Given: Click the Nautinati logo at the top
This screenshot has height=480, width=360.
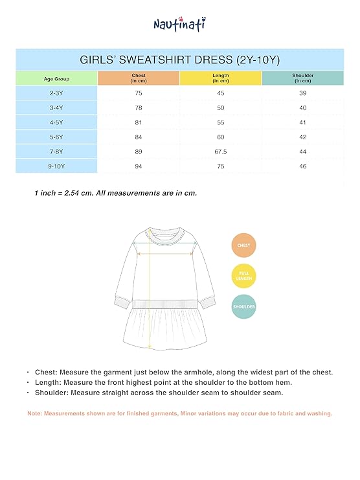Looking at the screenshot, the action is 179,24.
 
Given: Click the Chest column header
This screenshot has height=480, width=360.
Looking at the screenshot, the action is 138,78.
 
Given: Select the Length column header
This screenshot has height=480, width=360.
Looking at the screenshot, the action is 220,78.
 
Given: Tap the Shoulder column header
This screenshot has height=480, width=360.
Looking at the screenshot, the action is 302,78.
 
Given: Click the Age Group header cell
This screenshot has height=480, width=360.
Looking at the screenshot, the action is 56,78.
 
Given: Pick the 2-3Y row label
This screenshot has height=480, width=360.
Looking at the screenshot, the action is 56,93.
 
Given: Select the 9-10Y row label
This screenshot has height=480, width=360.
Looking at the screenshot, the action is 56,166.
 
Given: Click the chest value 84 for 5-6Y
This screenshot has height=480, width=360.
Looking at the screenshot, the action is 138,137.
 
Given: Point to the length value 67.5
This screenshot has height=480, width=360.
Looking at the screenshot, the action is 220,152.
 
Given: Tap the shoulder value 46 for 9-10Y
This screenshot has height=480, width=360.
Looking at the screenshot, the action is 302,166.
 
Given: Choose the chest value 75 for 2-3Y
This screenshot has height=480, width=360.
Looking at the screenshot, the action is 138,93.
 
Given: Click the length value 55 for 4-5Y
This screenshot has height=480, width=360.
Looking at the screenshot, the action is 220,122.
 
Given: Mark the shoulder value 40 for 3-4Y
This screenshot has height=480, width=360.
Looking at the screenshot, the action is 302,108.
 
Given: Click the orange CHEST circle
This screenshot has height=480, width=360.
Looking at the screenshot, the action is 244,246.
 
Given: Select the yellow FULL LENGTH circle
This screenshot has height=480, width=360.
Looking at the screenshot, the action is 244,276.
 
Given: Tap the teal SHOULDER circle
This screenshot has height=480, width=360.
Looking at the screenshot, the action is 244,306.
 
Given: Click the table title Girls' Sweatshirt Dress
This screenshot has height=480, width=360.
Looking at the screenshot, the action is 179,60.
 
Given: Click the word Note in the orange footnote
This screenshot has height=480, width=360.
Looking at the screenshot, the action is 35,413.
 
